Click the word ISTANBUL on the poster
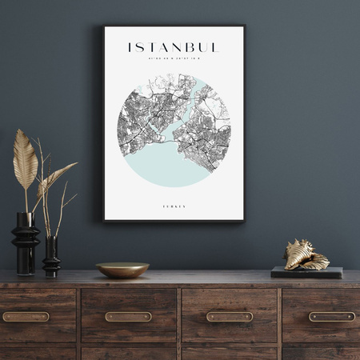pos(174,47)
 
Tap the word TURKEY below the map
pos(174,206)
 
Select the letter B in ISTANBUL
pos(190,47)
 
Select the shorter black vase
pos(51,256)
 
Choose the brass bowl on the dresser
pos(122,270)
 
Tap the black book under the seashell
pos(306,272)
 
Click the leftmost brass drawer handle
pos(26,317)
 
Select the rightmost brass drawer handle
pos(332,317)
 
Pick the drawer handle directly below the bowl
pos(128,317)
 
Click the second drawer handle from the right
pos(230,317)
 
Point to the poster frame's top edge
pos(174,26)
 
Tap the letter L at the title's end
pos(215,47)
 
